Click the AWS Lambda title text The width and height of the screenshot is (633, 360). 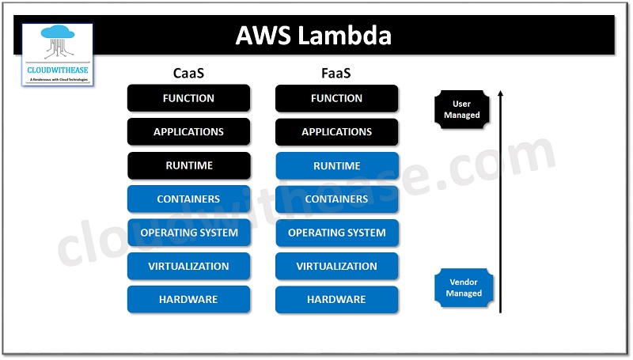pos(314,36)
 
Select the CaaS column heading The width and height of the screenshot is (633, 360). pos(188,74)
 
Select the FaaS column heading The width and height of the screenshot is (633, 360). pos(337,74)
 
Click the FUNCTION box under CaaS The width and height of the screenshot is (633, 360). pos(188,98)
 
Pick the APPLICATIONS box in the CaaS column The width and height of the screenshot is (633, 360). pos(188,132)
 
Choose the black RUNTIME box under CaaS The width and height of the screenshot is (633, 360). pos(188,166)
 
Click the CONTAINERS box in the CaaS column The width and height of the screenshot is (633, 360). pos(188,199)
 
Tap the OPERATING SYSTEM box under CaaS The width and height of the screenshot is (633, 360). pos(188,233)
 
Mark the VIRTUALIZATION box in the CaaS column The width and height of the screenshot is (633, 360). pos(188,267)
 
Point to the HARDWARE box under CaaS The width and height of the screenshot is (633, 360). pos(188,300)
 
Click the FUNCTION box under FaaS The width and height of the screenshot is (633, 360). pos(337,98)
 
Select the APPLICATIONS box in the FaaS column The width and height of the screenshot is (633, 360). pos(337,132)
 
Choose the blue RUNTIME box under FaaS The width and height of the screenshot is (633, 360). pos(337,166)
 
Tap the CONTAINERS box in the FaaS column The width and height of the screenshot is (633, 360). pos(337,199)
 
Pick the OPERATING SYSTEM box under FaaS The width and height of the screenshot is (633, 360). pos(337,233)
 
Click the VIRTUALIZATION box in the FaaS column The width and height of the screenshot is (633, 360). pos(337,267)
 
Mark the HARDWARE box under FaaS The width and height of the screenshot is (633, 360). pos(337,300)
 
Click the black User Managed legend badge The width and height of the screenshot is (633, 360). pos(461,109)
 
